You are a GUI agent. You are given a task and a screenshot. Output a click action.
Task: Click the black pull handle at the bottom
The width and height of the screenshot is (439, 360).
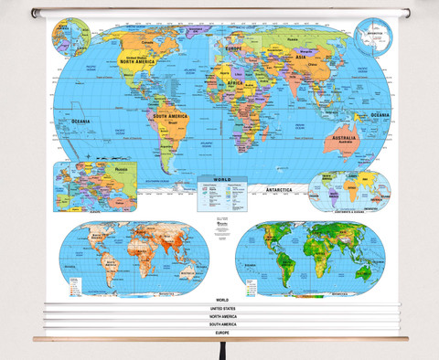pos(219,351)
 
